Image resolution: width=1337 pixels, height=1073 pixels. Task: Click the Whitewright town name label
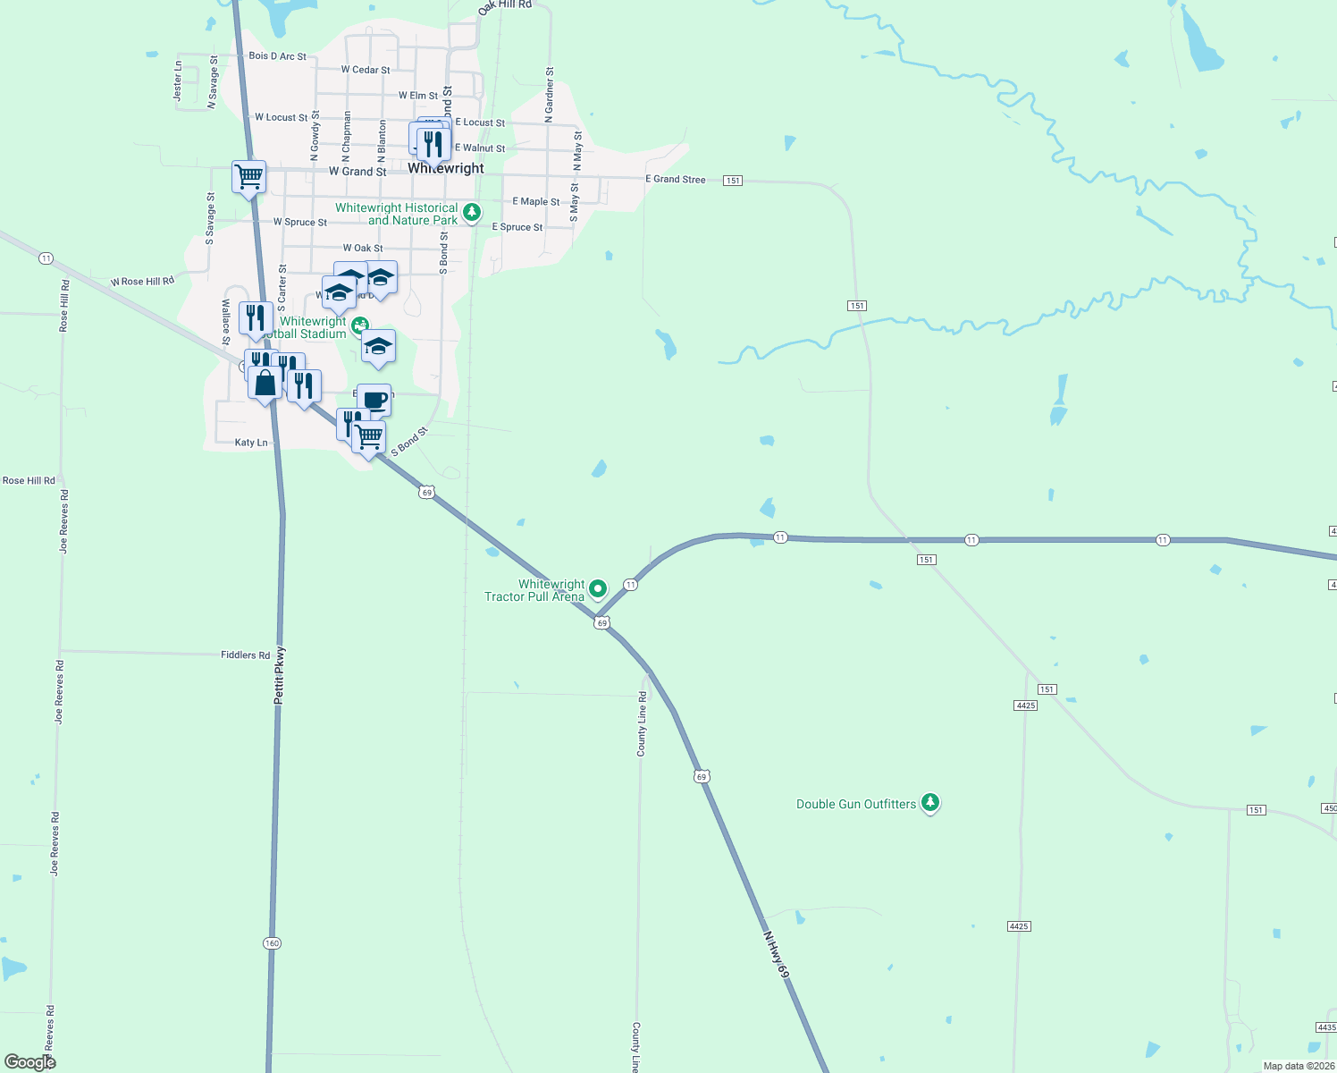tap(446, 168)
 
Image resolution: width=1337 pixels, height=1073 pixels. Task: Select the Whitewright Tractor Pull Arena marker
tap(598, 588)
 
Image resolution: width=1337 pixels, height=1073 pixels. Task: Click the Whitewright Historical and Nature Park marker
tap(472, 212)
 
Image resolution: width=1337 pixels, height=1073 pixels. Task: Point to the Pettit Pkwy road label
tap(279, 675)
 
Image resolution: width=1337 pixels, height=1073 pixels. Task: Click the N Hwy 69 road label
tap(776, 954)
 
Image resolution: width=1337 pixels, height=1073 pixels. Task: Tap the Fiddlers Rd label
tap(245, 655)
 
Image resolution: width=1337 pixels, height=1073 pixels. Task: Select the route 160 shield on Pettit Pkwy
tap(272, 943)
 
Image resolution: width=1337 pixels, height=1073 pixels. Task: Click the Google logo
tap(29, 1062)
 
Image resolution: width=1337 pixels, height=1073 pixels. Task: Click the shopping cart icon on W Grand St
tap(248, 175)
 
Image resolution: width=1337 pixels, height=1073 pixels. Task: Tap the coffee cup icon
tap(374, 400)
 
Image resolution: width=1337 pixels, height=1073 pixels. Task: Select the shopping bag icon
tap(265, 384)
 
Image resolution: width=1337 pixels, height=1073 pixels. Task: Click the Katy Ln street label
tap(250, 443)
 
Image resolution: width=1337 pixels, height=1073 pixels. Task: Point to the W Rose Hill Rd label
tap(142, 282)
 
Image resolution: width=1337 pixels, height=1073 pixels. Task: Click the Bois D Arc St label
tap(277, 56)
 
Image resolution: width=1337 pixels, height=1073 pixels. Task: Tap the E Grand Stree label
tap(675, 180)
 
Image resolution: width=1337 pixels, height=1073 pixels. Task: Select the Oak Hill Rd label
tap(505, 6)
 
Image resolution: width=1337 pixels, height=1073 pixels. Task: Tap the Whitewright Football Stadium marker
tap(359, 325)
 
